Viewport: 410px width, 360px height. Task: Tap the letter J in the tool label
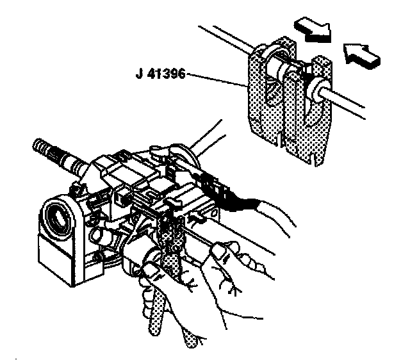click(x=140, y=74)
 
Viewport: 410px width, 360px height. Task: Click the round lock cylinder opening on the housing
click(x=58, y=217)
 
